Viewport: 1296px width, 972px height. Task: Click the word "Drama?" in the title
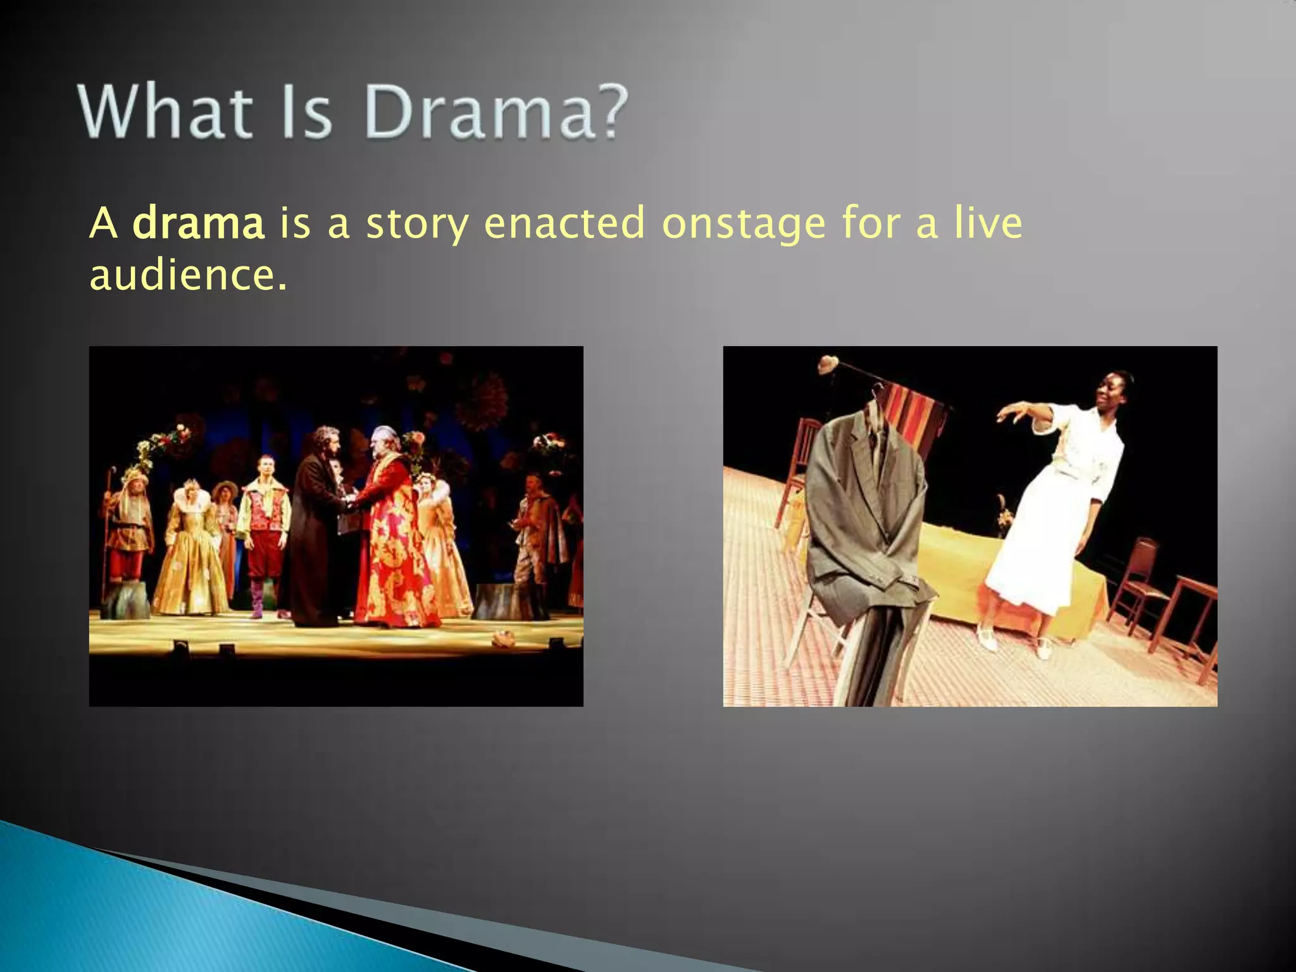click(x=496, y=113)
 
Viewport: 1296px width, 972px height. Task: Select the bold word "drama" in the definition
click(x=198, y=223)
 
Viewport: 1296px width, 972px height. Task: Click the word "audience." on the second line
click(x=188, y=276)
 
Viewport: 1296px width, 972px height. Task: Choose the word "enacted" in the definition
click(x=564, y=223)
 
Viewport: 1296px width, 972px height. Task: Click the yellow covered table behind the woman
click(x=949, y=570)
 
